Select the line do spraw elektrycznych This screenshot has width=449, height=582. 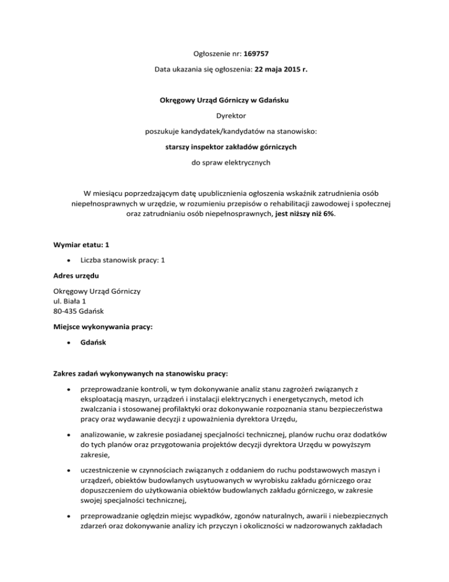224,162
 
